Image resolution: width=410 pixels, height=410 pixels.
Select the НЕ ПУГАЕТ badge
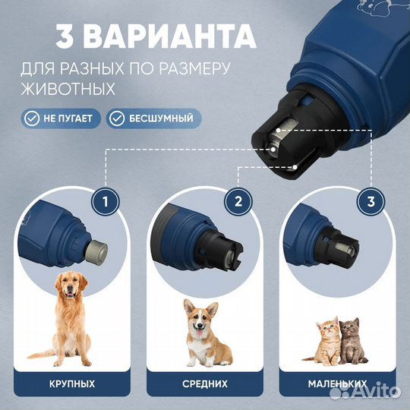pos(61,118)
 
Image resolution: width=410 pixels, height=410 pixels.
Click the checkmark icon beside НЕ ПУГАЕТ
pos(30,118)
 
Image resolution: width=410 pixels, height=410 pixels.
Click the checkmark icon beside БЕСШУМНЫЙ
pos(117,118)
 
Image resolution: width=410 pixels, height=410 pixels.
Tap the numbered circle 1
pos(105,202)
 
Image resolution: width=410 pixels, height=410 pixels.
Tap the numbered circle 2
pos(238,202)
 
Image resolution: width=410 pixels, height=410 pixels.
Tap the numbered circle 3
pos(371,202)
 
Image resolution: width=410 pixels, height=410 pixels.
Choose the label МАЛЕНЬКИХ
pos(335,383)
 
